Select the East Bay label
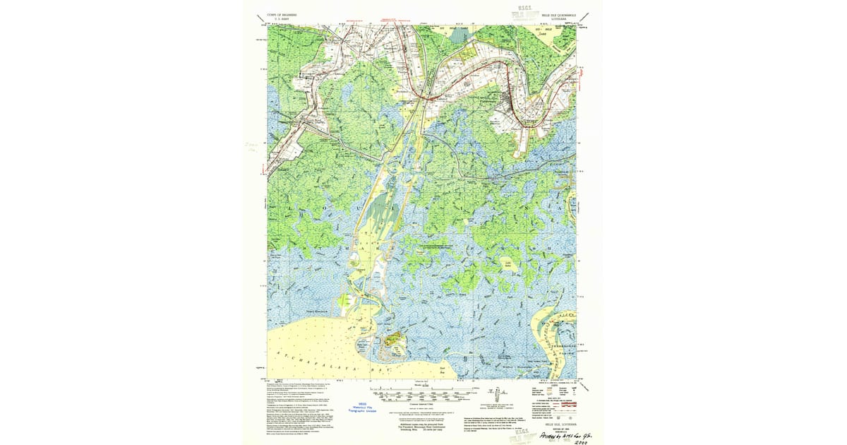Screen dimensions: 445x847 (443, 369)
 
